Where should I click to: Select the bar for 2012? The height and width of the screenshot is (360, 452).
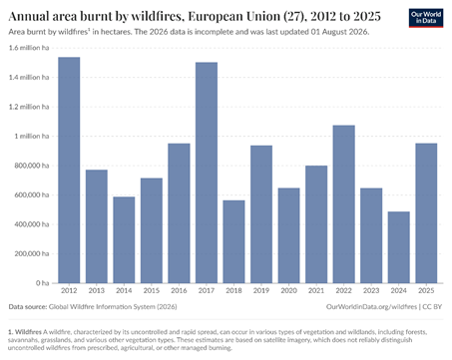click(x=69, y=171)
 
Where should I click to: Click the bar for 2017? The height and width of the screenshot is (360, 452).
click(x=207, y=173)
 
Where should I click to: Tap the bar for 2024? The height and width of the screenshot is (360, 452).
click(x=399, y=247)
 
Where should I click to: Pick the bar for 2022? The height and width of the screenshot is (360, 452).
click(x=344, y=204)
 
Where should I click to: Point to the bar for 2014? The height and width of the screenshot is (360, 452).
click(x=124, y=240)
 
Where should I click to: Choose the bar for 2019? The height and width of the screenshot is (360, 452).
click(x=261, y=214)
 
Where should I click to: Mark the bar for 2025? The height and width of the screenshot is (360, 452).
click(x=426, y=213)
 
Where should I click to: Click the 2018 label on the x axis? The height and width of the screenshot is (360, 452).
click(x=233, y=290)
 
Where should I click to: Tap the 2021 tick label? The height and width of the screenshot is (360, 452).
click(x=316, y=290)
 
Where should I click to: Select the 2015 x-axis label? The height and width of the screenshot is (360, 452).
click(x=152, y=290)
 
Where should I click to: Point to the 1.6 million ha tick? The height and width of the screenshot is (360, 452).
click(x=29, y=48)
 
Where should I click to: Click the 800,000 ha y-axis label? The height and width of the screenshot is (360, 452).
click(x=32, y=166)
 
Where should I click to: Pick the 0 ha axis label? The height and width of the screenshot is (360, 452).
click(x=43, y=283)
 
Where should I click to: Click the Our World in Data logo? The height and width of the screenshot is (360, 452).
click(x=426, y=18)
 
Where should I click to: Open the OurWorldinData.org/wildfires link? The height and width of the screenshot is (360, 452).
click(x=371, y=306)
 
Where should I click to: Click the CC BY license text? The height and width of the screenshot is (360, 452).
click(x=432, y=306)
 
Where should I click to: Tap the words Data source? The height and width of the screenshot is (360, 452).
click(x=28, y=306)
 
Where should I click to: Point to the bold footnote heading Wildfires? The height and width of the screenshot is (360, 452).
click(x=28, y=332)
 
